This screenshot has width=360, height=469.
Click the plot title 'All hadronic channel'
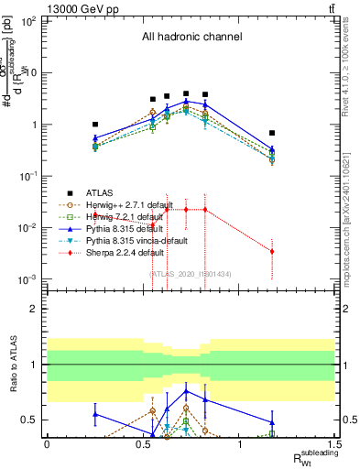pos(191,38)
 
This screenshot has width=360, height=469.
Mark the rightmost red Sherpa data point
pos(272,251)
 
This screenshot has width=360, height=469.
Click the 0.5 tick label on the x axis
pos(143,444)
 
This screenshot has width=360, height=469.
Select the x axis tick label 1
pos(239,444)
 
